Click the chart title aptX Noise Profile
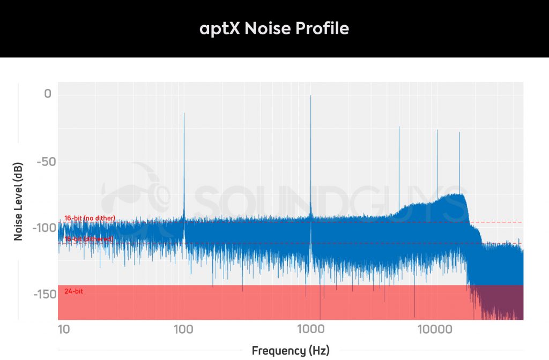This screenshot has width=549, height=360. pyautogui.click(x=274, y=28)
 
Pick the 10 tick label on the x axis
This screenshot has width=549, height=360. pyautogui.click(x=64, y=328)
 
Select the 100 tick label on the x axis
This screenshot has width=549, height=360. pyautogui.click(x=184, y=328)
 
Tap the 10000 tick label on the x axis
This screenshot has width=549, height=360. pyautogui.click(x=435, y=328)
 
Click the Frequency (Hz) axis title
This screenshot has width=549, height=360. pyautogui.click(x=291, y=351)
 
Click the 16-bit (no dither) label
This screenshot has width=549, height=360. pyautogui.click(x=90, y=218)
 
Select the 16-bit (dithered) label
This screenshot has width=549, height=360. pyautogui.click(x=88, y=239)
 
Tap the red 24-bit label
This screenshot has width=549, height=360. pyautogui.click(x=73, y=291)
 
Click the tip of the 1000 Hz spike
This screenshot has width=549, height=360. pyautogui.click(x=310, y=96)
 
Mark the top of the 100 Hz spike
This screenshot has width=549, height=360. pyautogui.click(x=184, y=114)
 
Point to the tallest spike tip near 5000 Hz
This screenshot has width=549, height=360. pyautogui.click(x=399, y=127)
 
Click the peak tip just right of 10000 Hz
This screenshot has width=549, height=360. pyautogui.click(x=437, y=130)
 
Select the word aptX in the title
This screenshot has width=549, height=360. pyautogui.click(x=220, y=29)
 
